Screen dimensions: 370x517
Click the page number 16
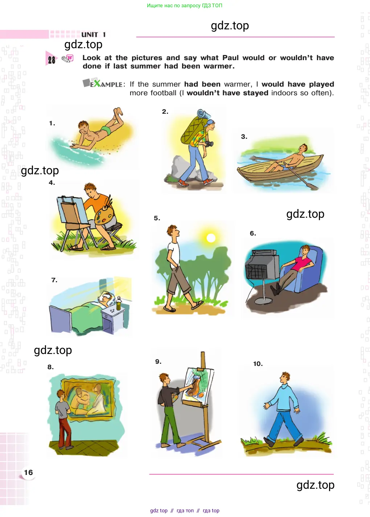(x=28, y=472)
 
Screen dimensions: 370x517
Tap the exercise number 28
(x=52, y=60)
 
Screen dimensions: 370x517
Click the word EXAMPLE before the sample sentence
(x=103, y=84)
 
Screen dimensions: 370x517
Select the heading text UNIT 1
(x=93, y=35)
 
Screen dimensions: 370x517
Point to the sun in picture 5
(x=211, y=238)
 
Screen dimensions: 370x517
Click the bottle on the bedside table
(x=119, y=303)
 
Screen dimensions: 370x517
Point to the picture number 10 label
(x=258, y=364)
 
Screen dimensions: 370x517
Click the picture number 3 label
(x=244, y=137)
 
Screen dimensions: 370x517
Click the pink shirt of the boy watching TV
(x=301, y=263)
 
